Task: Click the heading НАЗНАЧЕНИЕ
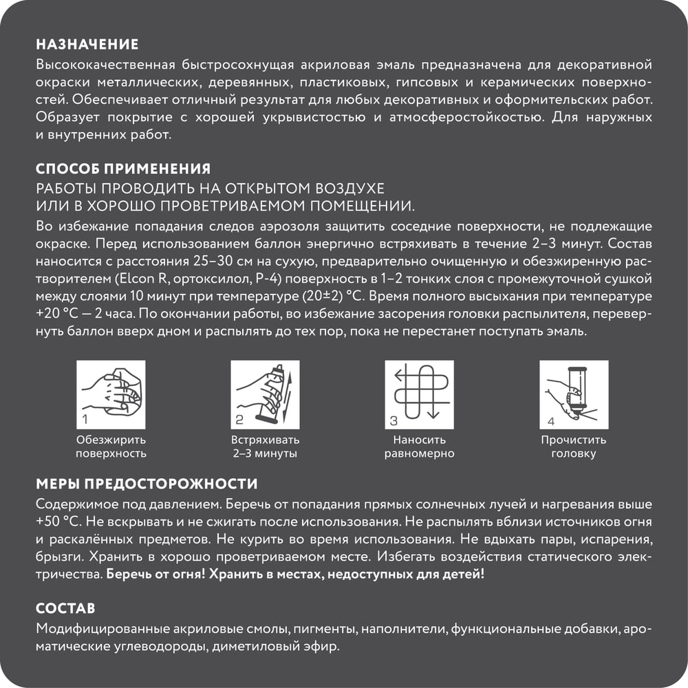coord(87,45)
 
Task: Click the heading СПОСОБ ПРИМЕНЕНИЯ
coord(122,169)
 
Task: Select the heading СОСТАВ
coord(65,609)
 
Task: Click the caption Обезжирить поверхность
coord(111,447)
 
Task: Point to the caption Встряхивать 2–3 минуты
coord(265,447)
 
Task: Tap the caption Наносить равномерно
coord(420,447)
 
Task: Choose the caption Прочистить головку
coord(573,447)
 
